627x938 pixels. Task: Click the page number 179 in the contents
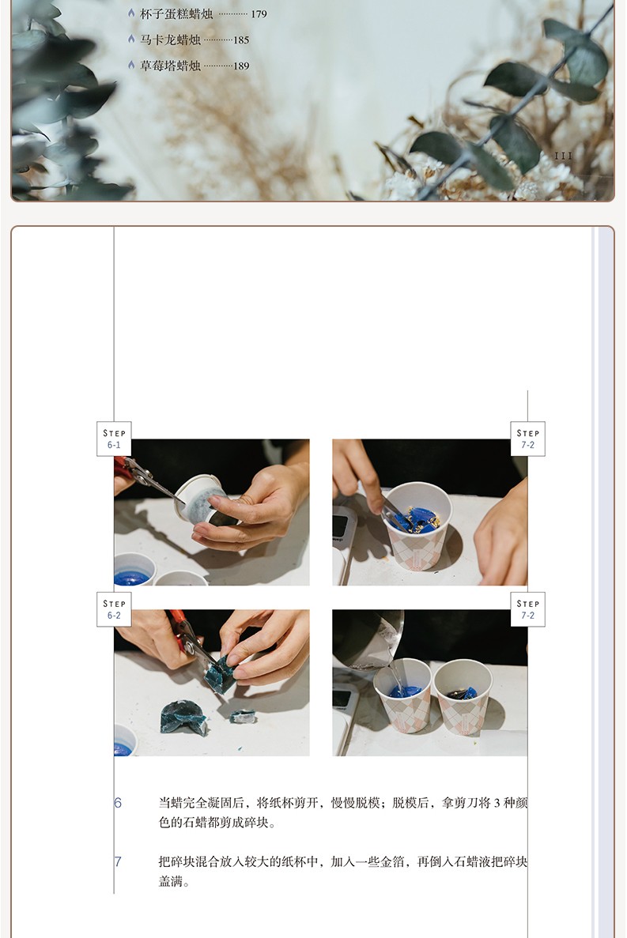pos(259,13)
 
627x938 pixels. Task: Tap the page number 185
pos(241,40)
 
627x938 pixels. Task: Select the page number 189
pos(241,66)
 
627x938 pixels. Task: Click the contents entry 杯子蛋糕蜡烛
pos(176,13)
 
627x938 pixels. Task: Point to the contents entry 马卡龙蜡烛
pos(171,40)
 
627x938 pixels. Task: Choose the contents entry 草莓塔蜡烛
pos(171,66)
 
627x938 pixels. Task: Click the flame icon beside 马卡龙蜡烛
pos(131,39)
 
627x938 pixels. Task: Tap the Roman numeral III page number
pos(563,156)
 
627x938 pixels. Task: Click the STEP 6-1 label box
pos(114,439)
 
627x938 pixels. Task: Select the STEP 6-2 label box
pos(114,609)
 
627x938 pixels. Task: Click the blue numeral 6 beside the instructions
pos(118,803)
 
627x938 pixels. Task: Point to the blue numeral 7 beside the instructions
pos(118,861)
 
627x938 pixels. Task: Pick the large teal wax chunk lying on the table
pos(183,717)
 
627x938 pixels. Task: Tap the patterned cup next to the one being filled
pos(463,696)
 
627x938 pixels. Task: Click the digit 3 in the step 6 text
pos(497,803)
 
